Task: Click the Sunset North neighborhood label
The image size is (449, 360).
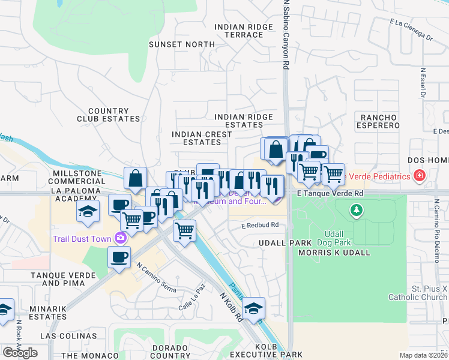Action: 181,44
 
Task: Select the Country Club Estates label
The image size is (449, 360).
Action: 108,115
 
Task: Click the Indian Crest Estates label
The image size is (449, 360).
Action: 202,138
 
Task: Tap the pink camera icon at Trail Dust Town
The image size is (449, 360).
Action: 121,238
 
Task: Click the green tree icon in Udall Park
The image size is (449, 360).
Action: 357,210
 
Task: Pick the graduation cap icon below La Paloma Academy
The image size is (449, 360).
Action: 88,212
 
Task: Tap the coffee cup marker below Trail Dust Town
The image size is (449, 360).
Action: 118,257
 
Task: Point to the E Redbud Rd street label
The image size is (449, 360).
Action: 261,226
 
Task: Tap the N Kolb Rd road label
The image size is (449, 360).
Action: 231,305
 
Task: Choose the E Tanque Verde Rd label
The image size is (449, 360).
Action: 331,194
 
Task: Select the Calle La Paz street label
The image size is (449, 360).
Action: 192,304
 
